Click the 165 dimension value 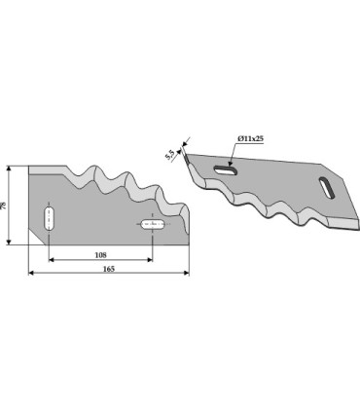tap(109, 269)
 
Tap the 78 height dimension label tap(3, 206)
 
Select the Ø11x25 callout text tap(250, 138)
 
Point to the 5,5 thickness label tap(169, 155)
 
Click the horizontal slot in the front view tap(153, 224)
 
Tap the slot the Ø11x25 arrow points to tap(226, 169)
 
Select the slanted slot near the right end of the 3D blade tap(327, 188)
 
